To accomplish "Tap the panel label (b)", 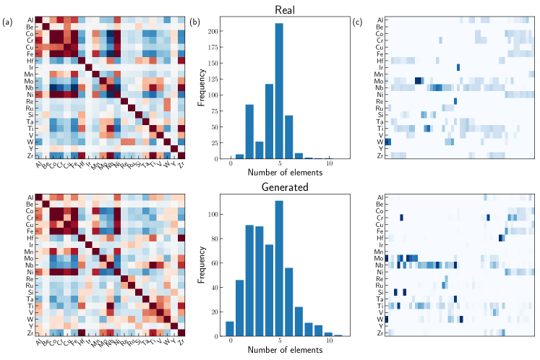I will [194, 22].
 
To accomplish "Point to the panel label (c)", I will [358, 22].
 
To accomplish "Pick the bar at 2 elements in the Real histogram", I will [249, 132].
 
